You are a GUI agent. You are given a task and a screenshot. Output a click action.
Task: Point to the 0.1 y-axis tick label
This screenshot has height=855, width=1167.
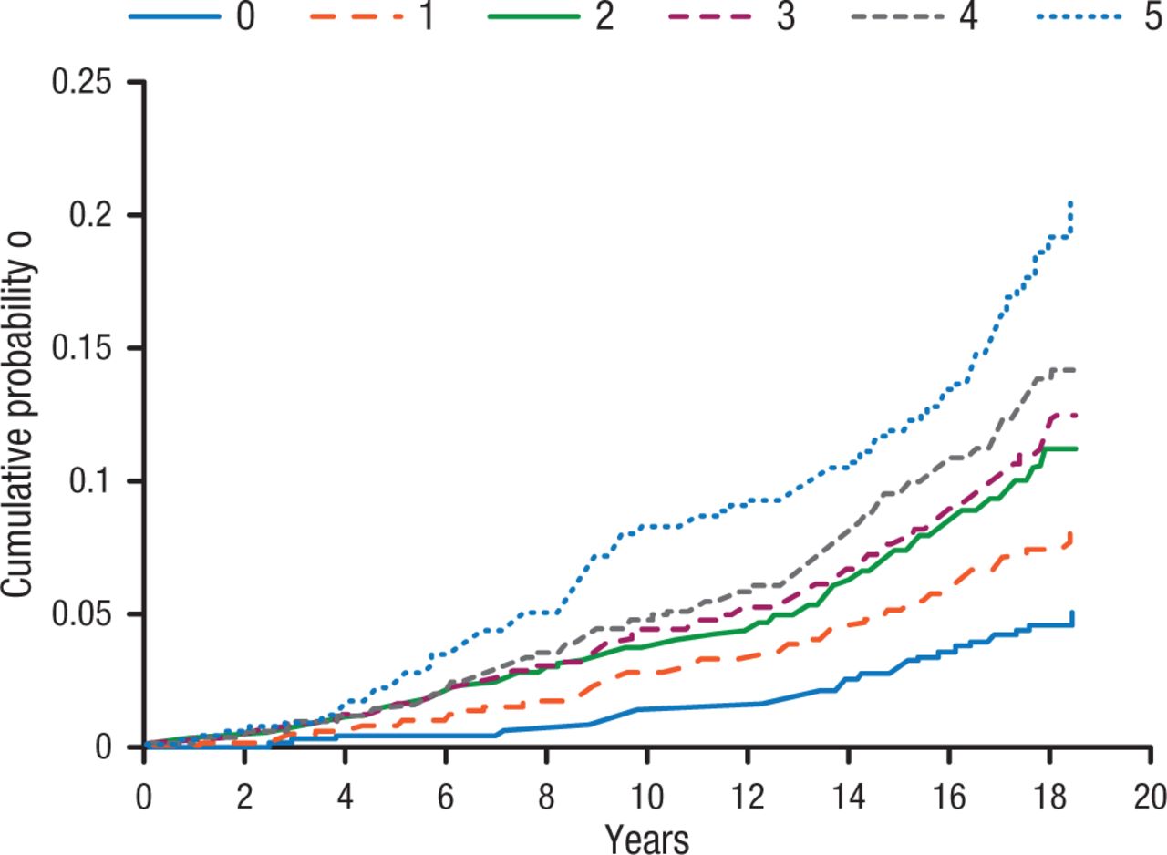(x=99, y=482)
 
